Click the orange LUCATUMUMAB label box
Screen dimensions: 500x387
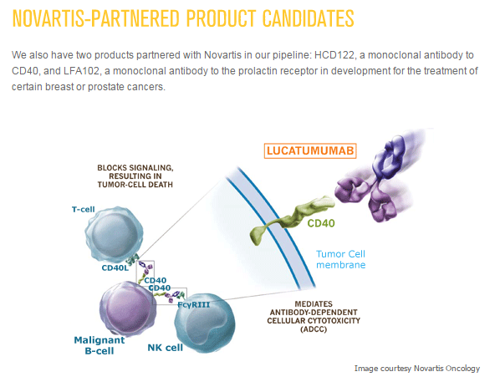tap(310, 150)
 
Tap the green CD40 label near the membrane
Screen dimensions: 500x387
tap(321, 223)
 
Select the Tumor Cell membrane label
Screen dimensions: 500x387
tap(340, 259)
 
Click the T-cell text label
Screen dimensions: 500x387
tap(84, 210)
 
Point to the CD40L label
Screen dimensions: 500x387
tap(115, 267)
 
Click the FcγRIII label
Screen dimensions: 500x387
tap(193, 305)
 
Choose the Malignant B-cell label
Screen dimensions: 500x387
tap(99, 345)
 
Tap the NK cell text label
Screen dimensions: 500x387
tap(166, 348)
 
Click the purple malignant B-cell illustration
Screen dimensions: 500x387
tap(128, 309)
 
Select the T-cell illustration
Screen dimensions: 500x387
tap(115, 234)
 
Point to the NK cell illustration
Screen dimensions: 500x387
tap(205, 323)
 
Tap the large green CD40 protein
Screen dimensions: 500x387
tap(292, 218)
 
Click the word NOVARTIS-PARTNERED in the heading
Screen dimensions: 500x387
tap(96, 18)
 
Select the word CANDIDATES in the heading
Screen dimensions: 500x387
tap(309, 18)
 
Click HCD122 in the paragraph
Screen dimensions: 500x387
tap(334, 55)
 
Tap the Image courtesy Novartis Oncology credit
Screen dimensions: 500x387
tap(417, 369)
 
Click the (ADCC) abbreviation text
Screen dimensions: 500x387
tap(314, 329)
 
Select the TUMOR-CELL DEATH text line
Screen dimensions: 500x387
tap(135, 185)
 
